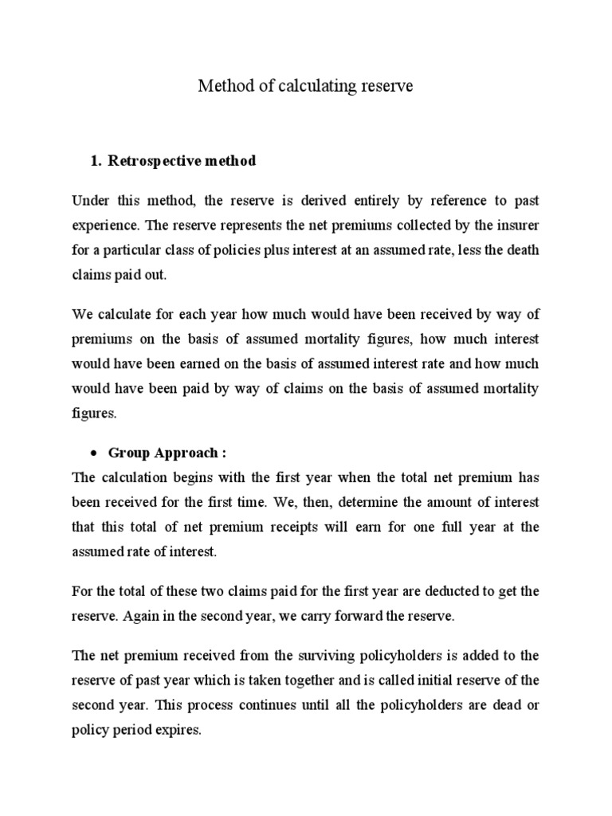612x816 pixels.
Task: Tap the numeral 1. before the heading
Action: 97,161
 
